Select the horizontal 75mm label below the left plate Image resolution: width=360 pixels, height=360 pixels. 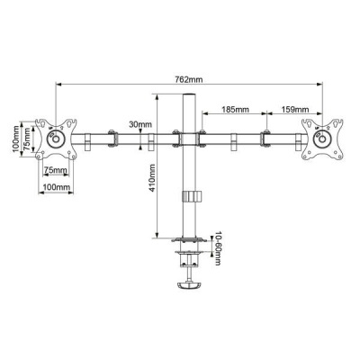[x=55, y=169]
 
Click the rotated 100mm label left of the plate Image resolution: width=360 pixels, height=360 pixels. [x=15, y=139]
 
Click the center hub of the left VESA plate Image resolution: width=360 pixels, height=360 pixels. [x=55, y=139]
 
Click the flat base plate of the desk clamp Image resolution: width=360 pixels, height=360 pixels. [x=189, y=239]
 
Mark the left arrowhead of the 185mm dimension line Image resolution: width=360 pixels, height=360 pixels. [x=203, y=114]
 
